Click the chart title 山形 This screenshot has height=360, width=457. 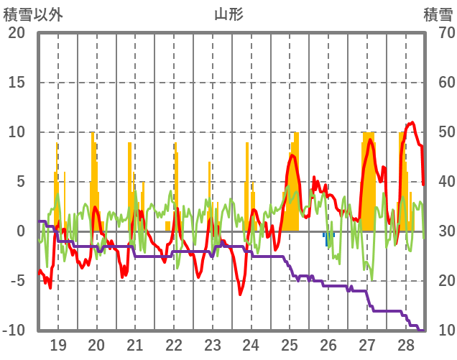coord(228,14)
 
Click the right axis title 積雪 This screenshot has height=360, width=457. coord(437,14)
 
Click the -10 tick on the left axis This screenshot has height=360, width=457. coord(14,331)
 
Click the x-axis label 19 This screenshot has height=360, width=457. coord(58,344)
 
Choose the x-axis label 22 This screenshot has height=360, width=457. coord(174,344)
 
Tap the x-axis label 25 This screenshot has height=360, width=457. coord(290,344)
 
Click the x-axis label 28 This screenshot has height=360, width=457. coord(406,344)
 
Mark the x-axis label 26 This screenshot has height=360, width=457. coord(328,344)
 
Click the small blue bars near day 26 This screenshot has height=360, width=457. coord(328,239)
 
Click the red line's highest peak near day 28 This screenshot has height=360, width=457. coord(412,123)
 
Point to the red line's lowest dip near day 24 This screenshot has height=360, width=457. coord(241,294)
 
